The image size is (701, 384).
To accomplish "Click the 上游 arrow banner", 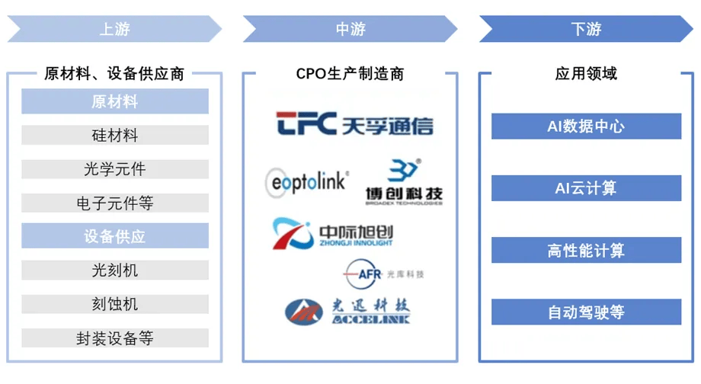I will point(114,29).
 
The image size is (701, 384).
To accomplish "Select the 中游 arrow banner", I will point(350,29).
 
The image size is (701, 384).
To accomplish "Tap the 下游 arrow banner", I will point(586,29).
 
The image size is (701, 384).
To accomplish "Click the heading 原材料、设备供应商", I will point(114,74).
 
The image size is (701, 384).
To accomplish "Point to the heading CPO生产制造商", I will point(350,74).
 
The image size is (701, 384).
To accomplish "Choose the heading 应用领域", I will point(586,74).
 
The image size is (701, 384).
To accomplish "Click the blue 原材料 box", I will point(114,101).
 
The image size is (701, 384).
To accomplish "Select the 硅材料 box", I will point(114,136).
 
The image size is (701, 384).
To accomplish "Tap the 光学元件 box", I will point(114,169).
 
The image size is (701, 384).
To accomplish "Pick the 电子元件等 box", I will point(114,203).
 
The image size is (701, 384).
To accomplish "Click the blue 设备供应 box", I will point(114,236).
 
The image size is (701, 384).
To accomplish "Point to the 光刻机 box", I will point(114,270).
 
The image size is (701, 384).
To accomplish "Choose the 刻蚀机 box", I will point(114,304).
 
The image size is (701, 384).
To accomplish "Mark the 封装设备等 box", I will point(114,338).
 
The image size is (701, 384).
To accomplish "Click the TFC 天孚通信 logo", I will point(354,124).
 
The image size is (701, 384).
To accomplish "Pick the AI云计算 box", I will point(586,188).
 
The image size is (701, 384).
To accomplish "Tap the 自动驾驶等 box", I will point(586,312).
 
